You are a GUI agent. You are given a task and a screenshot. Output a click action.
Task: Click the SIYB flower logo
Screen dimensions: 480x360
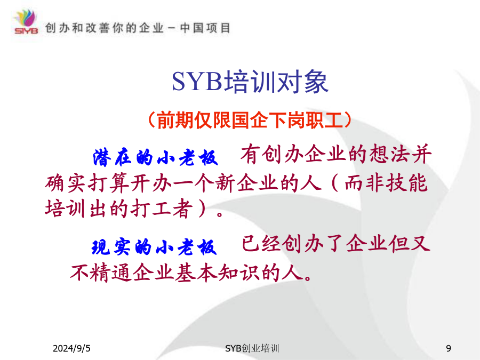[x=26, y=21]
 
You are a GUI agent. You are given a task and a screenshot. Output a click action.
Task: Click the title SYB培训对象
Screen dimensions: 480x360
[x=250, y=82]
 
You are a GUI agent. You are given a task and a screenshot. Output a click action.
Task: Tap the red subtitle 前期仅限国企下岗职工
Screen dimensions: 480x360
[x=250, y=120]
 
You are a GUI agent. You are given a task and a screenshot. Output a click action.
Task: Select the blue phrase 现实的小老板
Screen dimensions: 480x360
[x=154, y=247]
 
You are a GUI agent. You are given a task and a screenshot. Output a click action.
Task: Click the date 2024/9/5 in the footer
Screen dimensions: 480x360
[x=71, y=348]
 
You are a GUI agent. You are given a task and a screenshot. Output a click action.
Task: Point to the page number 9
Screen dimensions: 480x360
[x=449, y=348]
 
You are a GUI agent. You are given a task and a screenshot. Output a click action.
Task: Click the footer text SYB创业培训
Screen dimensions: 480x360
[x=252, y=348]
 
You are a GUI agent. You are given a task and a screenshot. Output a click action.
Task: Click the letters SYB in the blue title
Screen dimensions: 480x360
[x=197, y=82]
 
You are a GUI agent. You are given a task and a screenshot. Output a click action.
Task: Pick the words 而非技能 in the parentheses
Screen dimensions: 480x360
[x=386, y=183]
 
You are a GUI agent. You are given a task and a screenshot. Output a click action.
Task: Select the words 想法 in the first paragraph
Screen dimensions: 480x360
[x=390, y=154]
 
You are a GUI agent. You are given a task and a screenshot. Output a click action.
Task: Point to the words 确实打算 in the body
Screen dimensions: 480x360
[x=87, y=183]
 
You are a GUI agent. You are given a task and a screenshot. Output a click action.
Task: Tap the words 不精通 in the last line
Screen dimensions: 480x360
[x=101, y=273]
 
